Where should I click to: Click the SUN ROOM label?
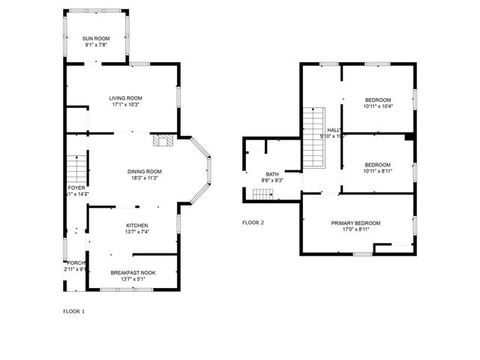coord(95,37)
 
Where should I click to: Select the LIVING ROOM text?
coord(125,97)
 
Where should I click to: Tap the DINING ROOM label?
coord(144,171)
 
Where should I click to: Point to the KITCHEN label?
coord(136,225)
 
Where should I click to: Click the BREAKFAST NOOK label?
coord(133,272)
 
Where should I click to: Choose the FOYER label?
coord(76,187)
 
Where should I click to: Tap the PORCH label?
coord(75,262)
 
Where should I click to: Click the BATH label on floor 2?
coord(271,173)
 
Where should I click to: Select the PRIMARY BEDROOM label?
coord(356,223)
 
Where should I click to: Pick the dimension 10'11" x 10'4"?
coord(378,106)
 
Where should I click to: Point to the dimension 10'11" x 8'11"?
coord(378,171)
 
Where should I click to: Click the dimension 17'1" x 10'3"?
coord(125,104)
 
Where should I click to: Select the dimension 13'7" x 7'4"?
coord(136,232)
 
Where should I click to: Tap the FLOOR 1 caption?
coord(73,310)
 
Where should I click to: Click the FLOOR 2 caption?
coord(253,222)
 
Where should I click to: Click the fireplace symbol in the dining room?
coord(163,139)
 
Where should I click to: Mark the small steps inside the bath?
coord(261,194)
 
